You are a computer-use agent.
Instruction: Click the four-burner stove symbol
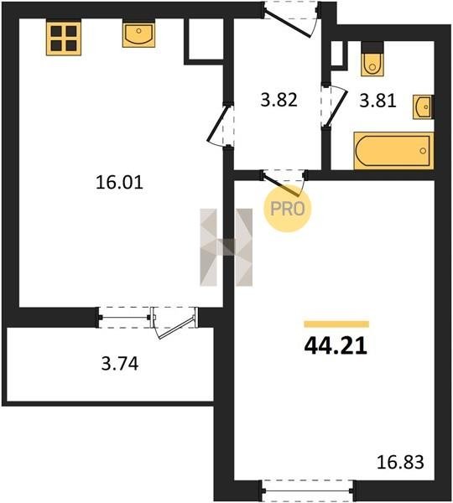[63, 37]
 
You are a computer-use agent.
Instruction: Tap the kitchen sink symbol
[138, 33]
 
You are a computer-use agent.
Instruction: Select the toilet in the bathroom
[372, 59]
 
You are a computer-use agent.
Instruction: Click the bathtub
[394, 150]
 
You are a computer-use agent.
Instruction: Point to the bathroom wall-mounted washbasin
[424, 106]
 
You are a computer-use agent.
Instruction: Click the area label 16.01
[119, 183]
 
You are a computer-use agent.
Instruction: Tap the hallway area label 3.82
[279, 100]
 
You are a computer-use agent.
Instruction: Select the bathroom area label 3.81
[377, 101]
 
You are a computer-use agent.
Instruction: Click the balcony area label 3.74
[120, 364]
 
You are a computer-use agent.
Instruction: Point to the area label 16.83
[400, 463]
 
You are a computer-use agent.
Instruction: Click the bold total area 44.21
[336, 346]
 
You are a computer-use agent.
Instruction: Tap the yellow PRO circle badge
[288, 209]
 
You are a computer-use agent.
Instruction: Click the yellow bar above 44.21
[336, 324]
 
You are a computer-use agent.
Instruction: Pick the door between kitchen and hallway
[221, 125]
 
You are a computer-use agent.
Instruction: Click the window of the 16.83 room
[308, 490]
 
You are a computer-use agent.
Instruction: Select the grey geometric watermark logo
[226, 247]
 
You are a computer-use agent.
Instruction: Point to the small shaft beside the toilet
[340, 55]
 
